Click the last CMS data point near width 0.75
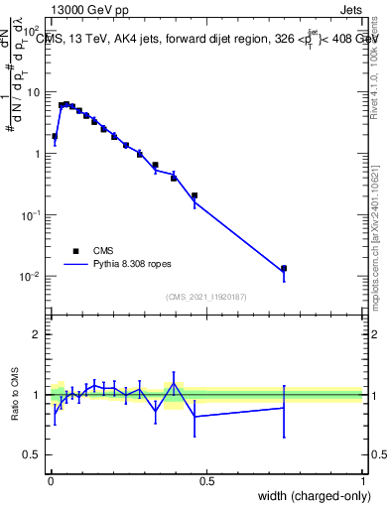(284, 269)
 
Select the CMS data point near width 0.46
(195, 195)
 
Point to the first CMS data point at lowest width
(55, 136)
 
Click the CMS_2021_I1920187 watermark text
(206, 297)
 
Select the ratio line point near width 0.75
(284, 407)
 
